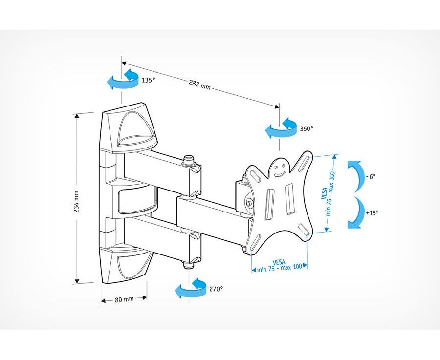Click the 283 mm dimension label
point(199,85)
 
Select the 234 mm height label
point(76,202)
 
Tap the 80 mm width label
point(124,299)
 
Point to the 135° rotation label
point(148,80)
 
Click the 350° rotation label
point(307,128)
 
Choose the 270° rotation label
point(216,289)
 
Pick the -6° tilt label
point(371,177)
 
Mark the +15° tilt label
point(372,213)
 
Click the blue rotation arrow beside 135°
point(123,79)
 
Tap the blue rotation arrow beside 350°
point(281,128)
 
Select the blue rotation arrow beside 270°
point(191,288)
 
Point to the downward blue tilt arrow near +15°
point(355,212)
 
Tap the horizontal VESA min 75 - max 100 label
point(279,266)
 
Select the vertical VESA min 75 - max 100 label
point(328,193)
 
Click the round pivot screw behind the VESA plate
point(249,203)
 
